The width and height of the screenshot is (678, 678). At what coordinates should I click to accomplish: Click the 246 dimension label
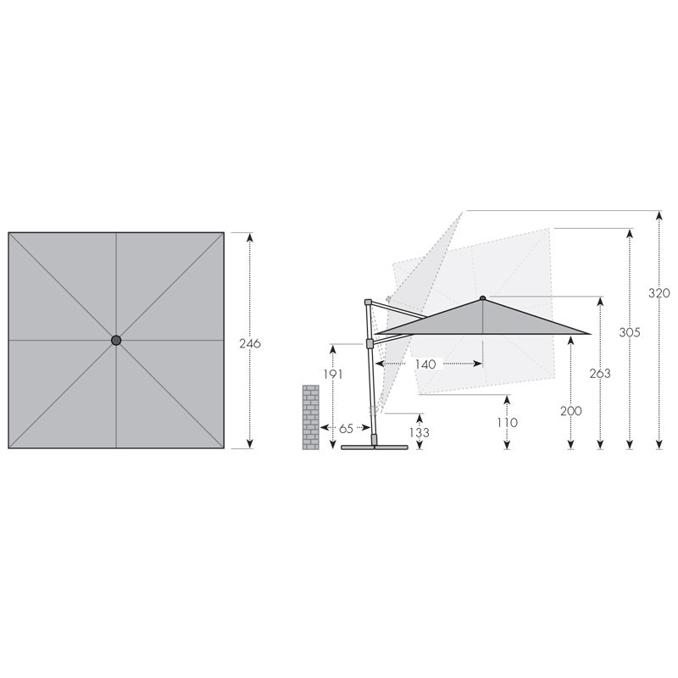click(x=250, y=343)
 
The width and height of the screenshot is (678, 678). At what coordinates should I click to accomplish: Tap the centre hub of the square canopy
click(x=116, y=341)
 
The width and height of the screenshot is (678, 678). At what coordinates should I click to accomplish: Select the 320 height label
click(x=659, y=293)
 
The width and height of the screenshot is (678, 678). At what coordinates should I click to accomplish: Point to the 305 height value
click(x=630, y=332)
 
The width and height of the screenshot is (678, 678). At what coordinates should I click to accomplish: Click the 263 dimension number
click(x=600, y=373)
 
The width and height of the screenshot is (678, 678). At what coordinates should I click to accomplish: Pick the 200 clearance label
click(x=570, y=411)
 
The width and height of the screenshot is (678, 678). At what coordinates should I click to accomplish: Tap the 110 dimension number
click(x=507, y=422)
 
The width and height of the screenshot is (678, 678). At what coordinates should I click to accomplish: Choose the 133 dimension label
click(x=419, y=432)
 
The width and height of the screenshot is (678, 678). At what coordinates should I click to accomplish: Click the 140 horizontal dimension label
click(x=425, y=364)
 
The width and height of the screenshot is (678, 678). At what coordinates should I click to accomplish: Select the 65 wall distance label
click(x=346, y=429)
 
